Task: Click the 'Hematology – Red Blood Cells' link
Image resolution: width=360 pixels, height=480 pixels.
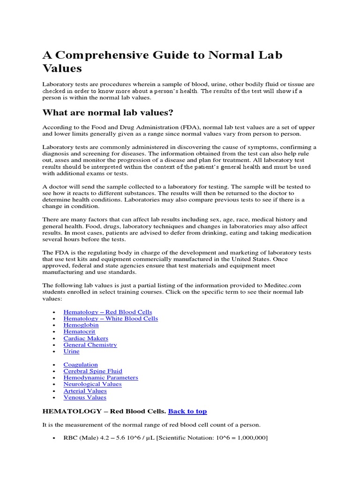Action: tap(107, 312)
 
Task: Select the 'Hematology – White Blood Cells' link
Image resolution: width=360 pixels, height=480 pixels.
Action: tap(111, 318)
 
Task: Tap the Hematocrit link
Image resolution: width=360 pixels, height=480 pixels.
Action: tap(79, 331)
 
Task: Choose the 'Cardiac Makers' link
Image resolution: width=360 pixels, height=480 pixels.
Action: tap(86, 338)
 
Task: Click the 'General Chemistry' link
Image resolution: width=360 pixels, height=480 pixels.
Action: tap(90, 345)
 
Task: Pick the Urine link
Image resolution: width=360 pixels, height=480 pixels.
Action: tap(72, 351)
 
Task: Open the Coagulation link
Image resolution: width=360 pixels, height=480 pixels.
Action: tap(81, 364)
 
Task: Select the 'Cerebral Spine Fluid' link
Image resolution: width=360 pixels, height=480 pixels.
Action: tap(93, 371)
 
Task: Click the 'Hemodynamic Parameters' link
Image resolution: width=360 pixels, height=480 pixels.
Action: tap(101, 377)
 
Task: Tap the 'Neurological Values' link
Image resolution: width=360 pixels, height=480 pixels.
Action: tap(92, 384)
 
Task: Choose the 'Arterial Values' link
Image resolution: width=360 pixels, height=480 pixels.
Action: tap(85, 390)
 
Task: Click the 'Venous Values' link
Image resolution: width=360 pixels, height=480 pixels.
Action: tap(85, 397)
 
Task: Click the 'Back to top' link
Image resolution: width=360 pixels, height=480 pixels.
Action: tap(187, 411)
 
